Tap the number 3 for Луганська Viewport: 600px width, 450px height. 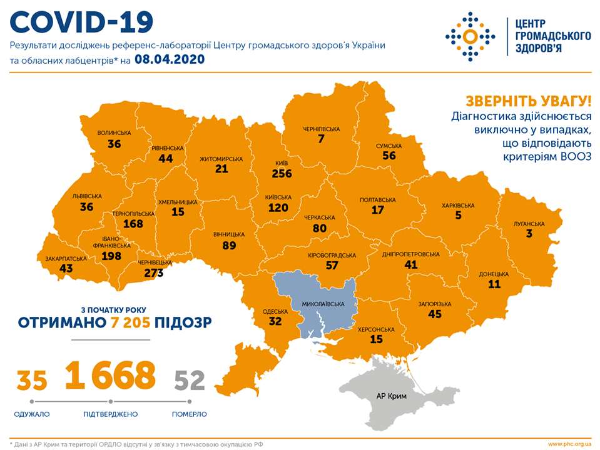tap(529, 234)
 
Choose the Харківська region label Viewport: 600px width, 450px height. tap(458, 206)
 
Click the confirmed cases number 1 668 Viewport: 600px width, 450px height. tap(110, 374)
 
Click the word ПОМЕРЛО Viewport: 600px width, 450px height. tap(190, 414)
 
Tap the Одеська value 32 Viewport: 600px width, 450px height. tap(275, 322)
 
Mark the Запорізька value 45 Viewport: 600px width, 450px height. tap(434, 314)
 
